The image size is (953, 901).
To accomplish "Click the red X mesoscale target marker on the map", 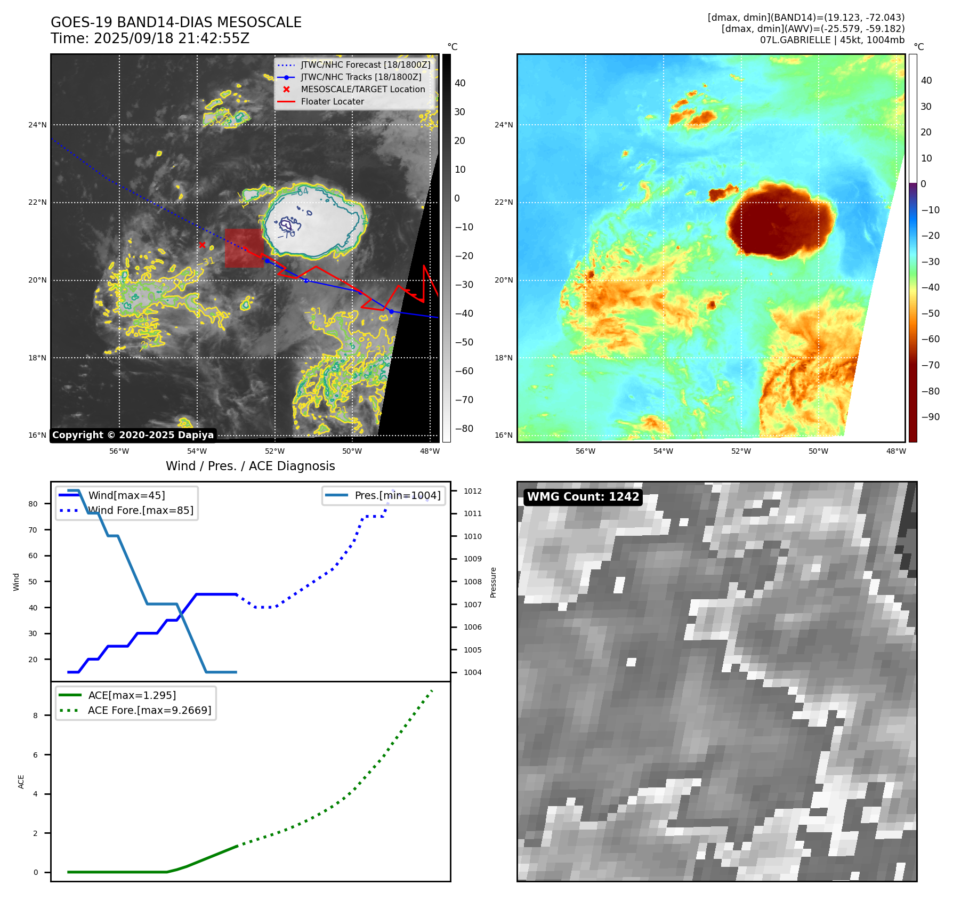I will point(202,245).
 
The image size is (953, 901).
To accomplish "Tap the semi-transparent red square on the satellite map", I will point(244,248).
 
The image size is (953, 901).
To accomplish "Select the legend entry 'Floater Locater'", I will point(332,101).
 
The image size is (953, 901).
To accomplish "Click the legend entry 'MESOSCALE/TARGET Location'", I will point(362,89).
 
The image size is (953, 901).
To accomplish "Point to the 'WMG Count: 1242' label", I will point(583,497).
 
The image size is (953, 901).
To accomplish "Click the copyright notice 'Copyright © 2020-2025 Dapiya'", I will point(133,435).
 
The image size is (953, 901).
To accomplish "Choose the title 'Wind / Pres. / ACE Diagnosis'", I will point(250,466).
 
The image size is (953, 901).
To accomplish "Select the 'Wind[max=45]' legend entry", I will point(126,495).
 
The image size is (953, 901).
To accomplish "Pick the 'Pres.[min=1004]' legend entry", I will point(397,495).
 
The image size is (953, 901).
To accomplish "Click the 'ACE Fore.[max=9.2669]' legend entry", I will point(149,710).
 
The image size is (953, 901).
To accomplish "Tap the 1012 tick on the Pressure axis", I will point(472,491).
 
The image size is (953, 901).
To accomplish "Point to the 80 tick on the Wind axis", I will point(33,504).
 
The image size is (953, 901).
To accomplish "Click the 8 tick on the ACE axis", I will point(36,715).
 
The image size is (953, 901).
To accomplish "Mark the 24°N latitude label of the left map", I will point(37,125).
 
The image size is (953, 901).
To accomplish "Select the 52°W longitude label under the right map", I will point(741,451).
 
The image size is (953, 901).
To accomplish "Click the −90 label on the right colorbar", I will point(930,417).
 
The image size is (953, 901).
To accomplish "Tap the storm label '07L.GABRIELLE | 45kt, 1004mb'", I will point(832,40).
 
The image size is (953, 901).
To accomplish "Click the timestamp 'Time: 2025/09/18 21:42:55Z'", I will point(150,38).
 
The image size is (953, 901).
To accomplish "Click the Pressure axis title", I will point(493,582).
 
